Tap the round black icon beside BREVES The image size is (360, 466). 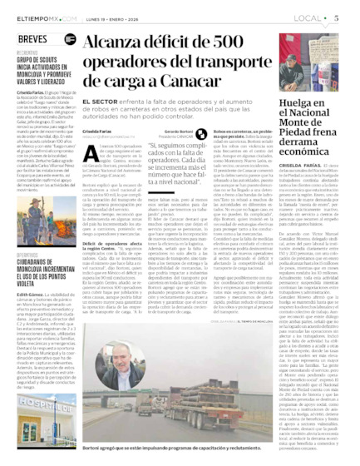coord(66,39)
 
